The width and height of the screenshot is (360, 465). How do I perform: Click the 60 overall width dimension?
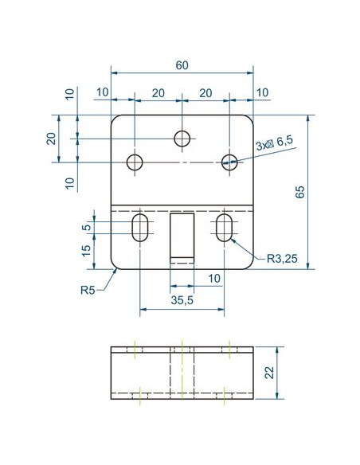point(182,65)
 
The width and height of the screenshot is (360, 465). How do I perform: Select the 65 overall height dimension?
point(300,192)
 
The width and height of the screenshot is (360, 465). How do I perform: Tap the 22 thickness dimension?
point(269,373)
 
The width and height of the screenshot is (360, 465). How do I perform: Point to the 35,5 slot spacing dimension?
point(182,300)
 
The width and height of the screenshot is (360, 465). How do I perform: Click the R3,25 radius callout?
point(282,259)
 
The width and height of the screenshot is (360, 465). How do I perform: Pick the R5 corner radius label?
point(88,290)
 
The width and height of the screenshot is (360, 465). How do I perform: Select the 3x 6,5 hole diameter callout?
point(274,143)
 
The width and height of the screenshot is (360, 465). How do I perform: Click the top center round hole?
point(182,139)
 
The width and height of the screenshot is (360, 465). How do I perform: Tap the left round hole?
point(135,162)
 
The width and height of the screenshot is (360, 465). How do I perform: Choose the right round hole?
point(229,162)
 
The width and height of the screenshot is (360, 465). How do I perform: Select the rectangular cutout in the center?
point(182,238)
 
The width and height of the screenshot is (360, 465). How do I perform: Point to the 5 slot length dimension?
point(87,228)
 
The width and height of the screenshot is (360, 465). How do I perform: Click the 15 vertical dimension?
point(87,251)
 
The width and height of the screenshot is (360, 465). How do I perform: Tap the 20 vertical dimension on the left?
point(52,139)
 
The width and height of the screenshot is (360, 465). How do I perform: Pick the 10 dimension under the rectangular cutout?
point(214,279)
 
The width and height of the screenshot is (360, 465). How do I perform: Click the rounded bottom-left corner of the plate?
point(113,267)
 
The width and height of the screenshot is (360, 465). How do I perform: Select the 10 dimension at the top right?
point(262,92)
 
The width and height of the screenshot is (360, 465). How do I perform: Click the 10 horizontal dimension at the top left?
point(103,92)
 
